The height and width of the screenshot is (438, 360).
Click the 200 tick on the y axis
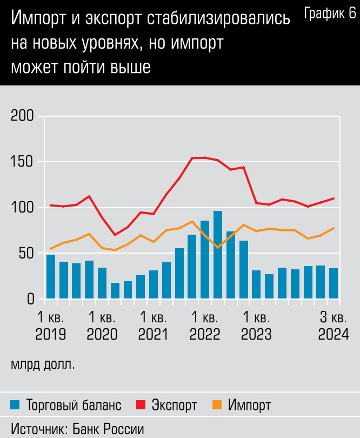click(22, 116)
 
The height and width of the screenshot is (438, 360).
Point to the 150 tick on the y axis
click(22, 162)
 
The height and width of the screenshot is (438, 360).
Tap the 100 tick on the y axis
click(22, 208)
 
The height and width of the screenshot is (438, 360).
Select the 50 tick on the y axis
click(26, 253)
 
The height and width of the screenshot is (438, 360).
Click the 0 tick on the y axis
click(30, 298)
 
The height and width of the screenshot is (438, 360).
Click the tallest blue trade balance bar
click(218, 255)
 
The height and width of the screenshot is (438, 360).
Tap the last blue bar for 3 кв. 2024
click(334, 283)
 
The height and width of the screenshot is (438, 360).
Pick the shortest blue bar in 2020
click(115, 290)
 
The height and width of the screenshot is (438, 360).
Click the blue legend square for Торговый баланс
click(16, 405)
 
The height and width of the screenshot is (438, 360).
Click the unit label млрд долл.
click(43, 364)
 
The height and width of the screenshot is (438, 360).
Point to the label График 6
click(330, 14)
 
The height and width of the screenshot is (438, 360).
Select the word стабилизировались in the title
click(219, 20)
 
